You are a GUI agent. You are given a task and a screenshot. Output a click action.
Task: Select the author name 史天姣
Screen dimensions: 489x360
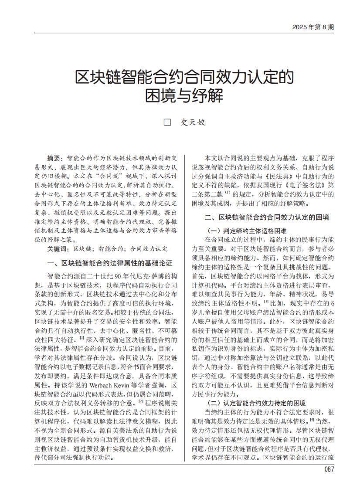(x=193, y=122)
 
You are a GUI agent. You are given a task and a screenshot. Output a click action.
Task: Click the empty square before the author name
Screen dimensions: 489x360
(x=166, y=122)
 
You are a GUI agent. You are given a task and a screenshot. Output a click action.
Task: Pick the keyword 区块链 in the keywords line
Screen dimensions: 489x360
(x=82, y=249)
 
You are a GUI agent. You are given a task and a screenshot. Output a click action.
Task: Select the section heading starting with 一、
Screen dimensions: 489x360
(x=109, y=264)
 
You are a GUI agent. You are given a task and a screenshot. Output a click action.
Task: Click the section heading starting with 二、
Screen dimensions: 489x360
(x=267, y=217)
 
